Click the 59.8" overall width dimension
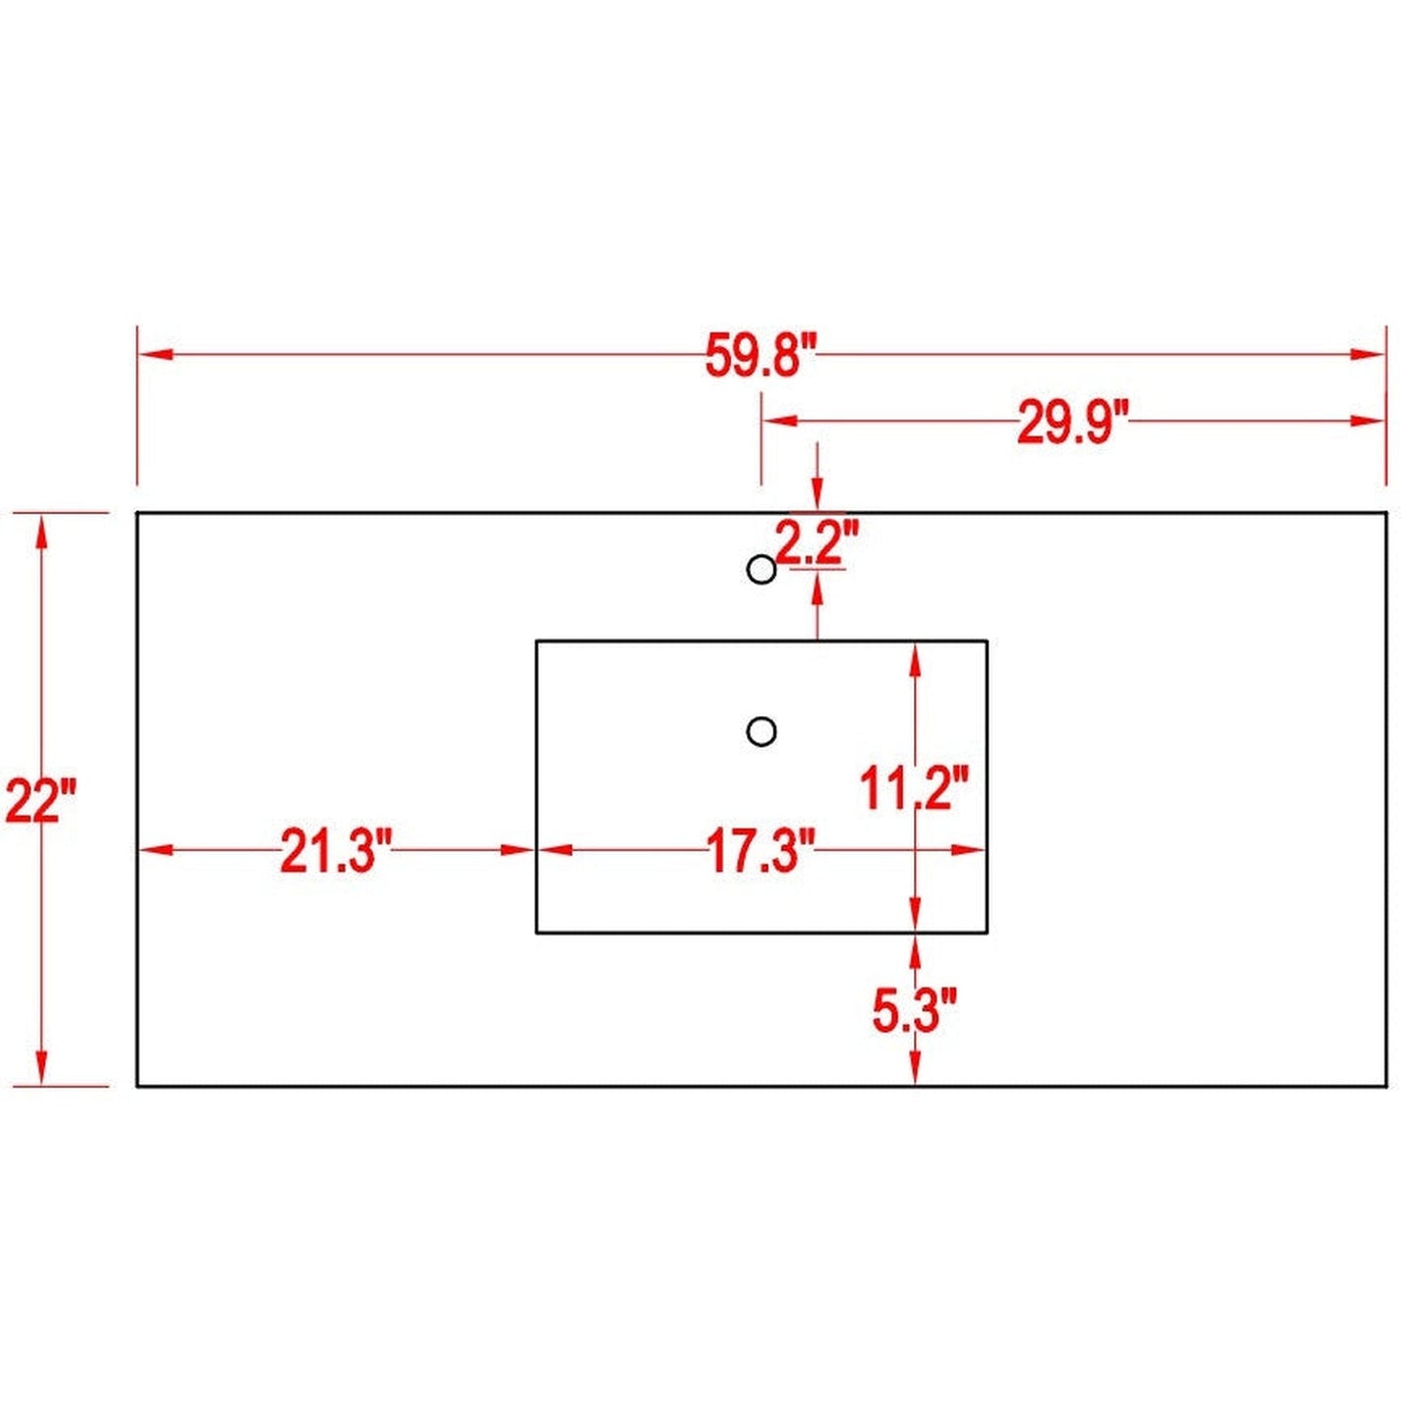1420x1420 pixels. click(761, 356)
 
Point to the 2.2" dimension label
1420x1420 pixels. click(817, 540)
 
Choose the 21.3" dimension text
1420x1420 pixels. click(336, 851)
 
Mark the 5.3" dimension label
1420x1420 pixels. click(914, 1010)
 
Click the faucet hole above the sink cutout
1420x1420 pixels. click(762, 569)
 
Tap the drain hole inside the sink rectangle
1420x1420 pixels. click(762, 731)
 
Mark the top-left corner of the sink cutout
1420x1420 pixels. click(537, 641)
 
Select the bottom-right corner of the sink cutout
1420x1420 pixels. click(987, 932)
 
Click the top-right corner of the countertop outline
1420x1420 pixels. click(1386, 513)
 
